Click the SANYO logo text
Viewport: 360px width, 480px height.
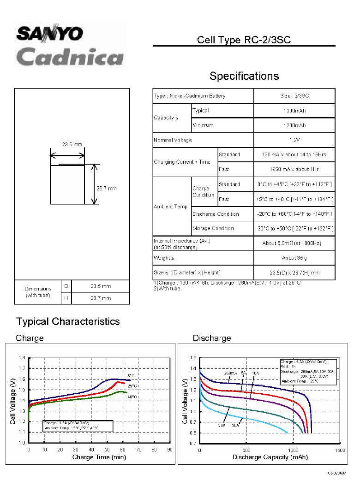[x=50, y=34]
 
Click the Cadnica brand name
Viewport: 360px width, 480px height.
[x=70, y=57]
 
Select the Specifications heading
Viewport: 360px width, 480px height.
[x=244, y=76]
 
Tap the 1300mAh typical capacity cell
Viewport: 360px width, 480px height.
[x=294, y=111]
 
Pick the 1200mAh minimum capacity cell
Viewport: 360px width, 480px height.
[x=294, y=125]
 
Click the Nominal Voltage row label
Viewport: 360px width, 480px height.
[x=173, y=140]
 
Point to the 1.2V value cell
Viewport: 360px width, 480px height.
[x=294, y=140]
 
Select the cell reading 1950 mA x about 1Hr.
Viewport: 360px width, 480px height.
[x=294, y=170]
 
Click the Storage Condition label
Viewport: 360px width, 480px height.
[x=213, y=229]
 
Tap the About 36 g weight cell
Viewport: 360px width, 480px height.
[x=294, y=258]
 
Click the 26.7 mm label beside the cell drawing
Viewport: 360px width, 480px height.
[x=107, y=188]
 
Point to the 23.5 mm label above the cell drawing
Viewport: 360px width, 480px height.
[x=72, y=144]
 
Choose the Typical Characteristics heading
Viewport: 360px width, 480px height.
[x=68, y=321]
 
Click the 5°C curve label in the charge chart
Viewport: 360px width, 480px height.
[x=131, y=376]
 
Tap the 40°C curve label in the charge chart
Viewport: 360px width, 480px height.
[x=132, y=397]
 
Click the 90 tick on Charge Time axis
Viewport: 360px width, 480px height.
[x=169, y=450]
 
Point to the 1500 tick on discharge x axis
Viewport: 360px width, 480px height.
[x=339, y=450]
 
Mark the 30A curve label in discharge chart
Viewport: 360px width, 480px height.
[x=235, y=426]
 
